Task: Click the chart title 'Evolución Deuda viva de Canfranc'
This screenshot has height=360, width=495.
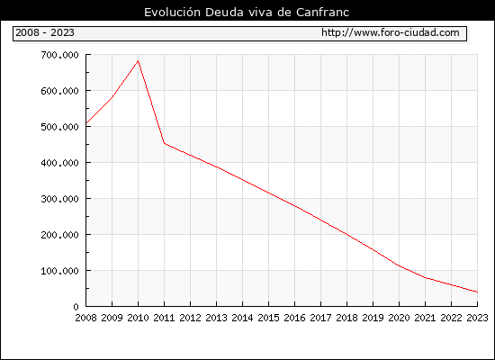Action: pyautogui.click(x=247, y=12)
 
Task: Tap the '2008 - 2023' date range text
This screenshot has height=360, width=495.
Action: pyautogui.click(x=45, y=32)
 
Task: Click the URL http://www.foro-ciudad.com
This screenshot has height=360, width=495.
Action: pyautogui.click(x=391, y=32)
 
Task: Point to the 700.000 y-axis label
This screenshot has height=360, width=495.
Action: pyautogui.click(x=59, y=55)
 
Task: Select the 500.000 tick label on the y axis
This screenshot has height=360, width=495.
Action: pyautogui.click(x=59, y=127)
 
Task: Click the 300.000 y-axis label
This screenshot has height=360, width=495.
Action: pyautogui.click(x=59, y=199)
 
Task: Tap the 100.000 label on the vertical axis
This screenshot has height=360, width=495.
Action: pyautogui.click(x=59, y=271)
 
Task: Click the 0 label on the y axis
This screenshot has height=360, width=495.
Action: pyautogui.click(x=76, y=307)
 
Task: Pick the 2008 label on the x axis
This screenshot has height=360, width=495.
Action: pyautogui.click(x=85, y=318)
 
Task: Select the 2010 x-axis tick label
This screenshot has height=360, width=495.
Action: pyautogui.click(x=138, y=318)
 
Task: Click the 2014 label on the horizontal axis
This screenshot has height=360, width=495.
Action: pyautogui.click(x=242, y=318)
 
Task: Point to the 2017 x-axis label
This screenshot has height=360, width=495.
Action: pyautogui.click(x=320, y=318)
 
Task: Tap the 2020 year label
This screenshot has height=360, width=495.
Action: pyautogui.click(x=399, y=318)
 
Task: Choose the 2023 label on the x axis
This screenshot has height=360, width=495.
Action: pyautogui.click(x=477, y=318)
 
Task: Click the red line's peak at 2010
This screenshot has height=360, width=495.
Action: pyautogui.click(x=139, y=60)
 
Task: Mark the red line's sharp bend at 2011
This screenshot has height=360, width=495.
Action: pyautogui.click(x=164, y=143)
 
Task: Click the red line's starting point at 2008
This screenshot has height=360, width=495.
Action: pyautogui.click(x=86, y=123)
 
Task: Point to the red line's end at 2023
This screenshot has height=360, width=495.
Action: pyautogui.click(x=477, y=292)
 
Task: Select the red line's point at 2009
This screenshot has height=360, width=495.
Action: pyautogui.click(x=112, y=97)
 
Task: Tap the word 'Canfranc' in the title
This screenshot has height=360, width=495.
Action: pyautogui.click(x=322, y=12)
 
